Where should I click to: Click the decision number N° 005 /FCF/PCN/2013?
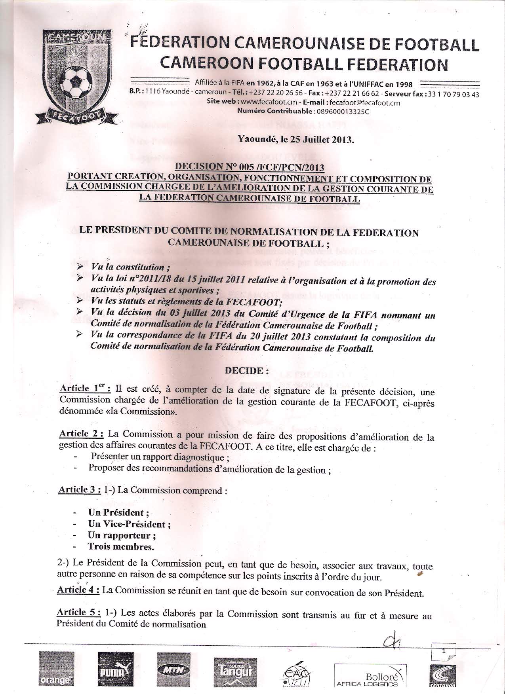point(250,167)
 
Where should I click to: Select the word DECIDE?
point(244,371)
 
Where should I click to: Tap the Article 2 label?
point(81,434)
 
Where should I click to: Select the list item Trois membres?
point(121,547)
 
